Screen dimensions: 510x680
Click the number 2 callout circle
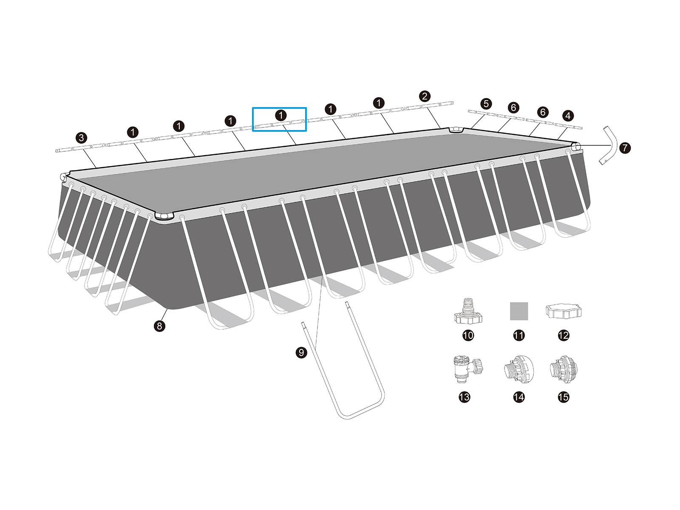(424, 96)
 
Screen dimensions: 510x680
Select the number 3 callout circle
(81, 138)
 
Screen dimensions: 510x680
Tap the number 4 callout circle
(567, 116)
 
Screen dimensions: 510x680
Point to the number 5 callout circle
(486, 104)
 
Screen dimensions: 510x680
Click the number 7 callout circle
(625, 148)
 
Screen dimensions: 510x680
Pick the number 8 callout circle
(159, 326)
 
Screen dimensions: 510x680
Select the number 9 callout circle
(301, 352)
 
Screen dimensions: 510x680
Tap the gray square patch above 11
(519, 311)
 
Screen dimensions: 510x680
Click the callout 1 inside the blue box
(281, 115)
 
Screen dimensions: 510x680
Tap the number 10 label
(468, 335)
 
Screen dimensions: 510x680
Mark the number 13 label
(465, 397)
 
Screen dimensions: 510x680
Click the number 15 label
(563, 397)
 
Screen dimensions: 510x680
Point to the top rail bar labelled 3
(80, 147)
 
